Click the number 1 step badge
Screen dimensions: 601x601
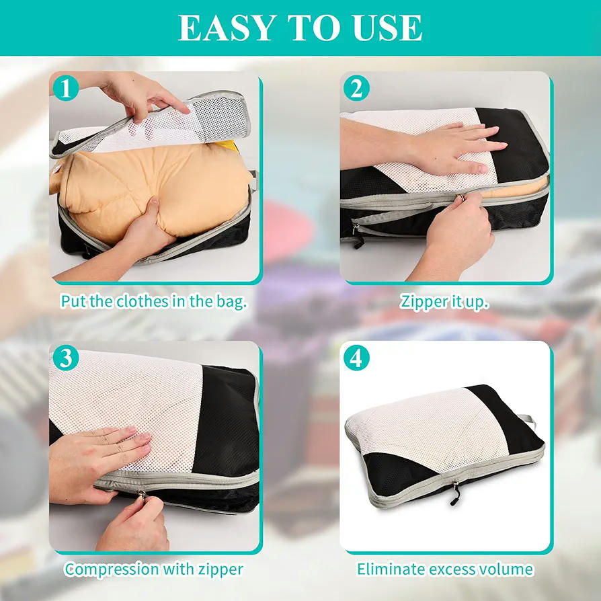tap(65, 88)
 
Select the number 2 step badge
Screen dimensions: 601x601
tap(356, 88)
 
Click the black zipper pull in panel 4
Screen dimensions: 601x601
tap(455, 494)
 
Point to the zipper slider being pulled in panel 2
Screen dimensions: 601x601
tap(460, 198)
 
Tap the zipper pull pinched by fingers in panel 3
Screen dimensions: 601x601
tap(143, 496)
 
